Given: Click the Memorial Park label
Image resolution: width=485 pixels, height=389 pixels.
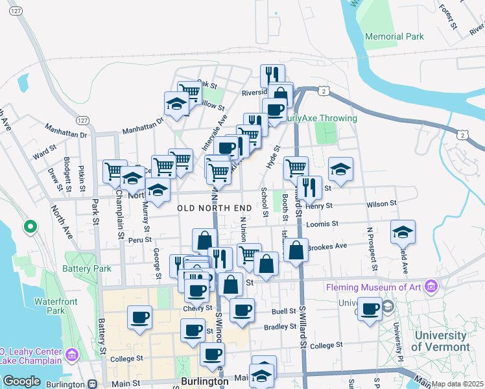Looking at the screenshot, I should click(x=394, y=37).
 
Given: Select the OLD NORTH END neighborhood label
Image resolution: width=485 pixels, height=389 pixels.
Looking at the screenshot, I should click(x=214, y=207).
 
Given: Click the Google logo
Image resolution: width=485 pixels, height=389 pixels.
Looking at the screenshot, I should click(x=21, y=381).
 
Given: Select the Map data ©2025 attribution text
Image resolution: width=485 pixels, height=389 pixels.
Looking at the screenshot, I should click(x=458, y=384).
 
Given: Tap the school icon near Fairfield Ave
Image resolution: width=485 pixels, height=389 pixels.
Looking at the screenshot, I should click(x=403, y=231).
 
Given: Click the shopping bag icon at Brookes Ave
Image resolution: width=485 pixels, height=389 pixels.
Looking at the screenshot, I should click(x=296, y=250).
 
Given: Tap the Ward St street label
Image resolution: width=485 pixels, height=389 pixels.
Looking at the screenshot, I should click(x=45, y=156).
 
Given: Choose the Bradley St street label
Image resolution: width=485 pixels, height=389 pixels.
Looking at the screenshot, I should click(x=279, y=327).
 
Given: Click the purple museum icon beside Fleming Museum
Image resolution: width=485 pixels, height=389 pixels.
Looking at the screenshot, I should click(x=431, y=286).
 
